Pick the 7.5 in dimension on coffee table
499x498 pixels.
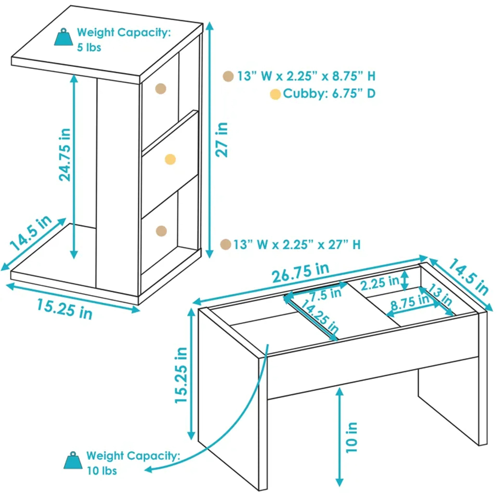[325, 295]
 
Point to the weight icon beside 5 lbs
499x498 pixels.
[63, 37]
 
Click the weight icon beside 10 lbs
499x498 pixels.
[73, 461]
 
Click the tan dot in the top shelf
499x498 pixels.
[161, 89]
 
